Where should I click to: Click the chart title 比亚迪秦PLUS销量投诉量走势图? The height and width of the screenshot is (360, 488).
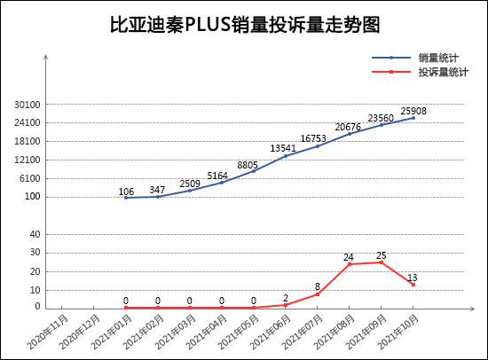(243, 25)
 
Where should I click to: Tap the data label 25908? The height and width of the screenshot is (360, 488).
(413, 112)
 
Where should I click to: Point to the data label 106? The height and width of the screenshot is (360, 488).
(126, 192)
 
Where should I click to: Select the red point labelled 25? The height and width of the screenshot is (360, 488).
(382, 262)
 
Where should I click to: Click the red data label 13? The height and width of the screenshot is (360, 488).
(413, 278)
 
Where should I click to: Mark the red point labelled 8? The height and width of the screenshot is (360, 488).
(318, 293)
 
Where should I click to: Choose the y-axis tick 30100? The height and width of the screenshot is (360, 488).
(28, 105)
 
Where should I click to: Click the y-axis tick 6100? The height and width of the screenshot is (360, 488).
(29, 178)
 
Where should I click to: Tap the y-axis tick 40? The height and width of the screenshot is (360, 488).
(35, 234)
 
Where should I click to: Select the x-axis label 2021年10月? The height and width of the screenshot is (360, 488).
(400, 330)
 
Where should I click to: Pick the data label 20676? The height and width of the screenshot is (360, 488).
(350, 128)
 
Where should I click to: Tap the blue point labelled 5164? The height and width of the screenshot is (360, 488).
(222, 182)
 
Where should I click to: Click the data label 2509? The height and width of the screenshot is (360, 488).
(190, 184)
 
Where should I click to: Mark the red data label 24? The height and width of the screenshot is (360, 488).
(350, 258)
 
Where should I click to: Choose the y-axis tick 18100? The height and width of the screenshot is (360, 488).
(28, 141)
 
